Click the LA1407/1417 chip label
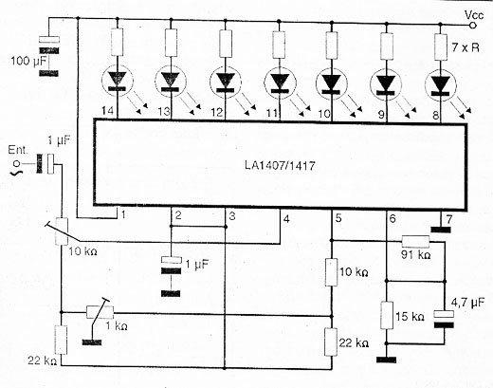280,165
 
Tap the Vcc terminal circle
473,26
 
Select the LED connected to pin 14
118,81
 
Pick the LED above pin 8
441,84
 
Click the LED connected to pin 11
280,83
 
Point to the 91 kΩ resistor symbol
415,242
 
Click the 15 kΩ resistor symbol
387,315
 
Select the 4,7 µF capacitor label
467,303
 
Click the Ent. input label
18,150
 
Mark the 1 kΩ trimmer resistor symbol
100,312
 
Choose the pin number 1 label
123,215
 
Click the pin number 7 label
448,219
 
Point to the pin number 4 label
286,219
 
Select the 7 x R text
466,47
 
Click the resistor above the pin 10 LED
332,46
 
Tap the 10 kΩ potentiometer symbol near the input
62,231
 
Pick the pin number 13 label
164,111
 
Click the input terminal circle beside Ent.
18,164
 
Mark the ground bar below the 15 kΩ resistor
386,360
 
